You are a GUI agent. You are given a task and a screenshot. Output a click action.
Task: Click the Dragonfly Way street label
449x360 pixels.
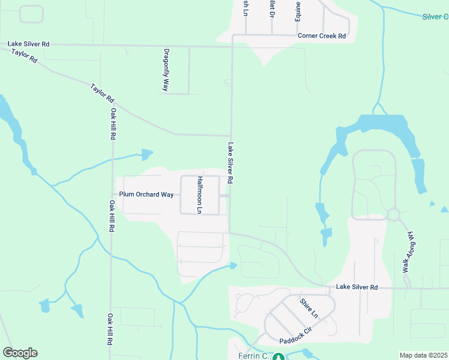[x=166, y=70]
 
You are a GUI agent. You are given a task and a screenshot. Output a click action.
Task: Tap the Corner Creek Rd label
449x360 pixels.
[x=322, y=36]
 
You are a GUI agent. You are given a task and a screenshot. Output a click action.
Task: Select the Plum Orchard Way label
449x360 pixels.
[x=146, y=194]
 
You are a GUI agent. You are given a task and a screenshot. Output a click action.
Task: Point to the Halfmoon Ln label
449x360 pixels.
[x=200, y=195]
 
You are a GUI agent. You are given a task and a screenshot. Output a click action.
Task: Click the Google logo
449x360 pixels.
[x=20, y=353]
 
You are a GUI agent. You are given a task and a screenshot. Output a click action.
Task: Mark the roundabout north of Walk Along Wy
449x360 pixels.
[x=394, y=214]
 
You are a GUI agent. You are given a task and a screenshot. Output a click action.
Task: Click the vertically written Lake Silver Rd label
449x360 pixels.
[x=230, y=163]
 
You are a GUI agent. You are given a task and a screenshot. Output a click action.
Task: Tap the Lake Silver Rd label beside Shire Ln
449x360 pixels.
[x=357, y=288]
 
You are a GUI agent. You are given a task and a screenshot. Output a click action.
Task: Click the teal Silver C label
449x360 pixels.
[x=435, y=17]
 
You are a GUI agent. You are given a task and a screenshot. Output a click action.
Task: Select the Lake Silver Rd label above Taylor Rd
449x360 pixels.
[x=29, y=44]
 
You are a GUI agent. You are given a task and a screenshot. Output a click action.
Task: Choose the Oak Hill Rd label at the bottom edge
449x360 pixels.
[x=110, y=329]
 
